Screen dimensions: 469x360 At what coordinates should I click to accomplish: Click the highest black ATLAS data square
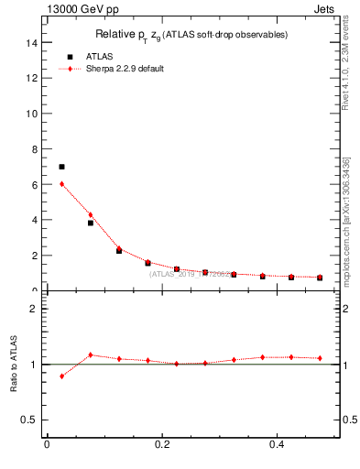coord(61,167)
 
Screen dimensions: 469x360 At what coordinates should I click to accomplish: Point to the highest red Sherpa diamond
coord(61,183)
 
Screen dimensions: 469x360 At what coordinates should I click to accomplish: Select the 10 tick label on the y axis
coord(32,114)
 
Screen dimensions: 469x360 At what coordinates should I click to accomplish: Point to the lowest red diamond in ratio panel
coord(61,376)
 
